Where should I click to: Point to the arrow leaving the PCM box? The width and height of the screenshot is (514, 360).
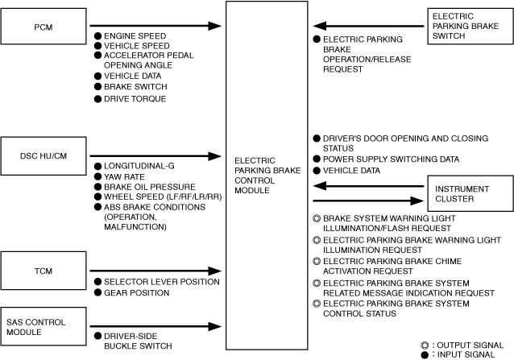point(155,26)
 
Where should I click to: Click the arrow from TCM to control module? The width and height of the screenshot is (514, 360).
point(155,271)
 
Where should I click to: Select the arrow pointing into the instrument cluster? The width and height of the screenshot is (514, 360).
point(368,201)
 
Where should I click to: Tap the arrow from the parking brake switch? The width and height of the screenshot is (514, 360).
point(368,26)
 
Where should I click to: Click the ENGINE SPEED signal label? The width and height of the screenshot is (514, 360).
point(135,35)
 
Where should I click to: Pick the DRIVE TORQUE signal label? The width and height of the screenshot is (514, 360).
point(135,98)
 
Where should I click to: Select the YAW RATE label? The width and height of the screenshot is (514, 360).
point(124,177)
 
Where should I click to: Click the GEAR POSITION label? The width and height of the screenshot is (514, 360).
point(137,292)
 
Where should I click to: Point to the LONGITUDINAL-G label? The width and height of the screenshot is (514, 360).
point(139,166)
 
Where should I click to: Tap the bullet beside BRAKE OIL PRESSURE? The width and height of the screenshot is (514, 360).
point(97,187)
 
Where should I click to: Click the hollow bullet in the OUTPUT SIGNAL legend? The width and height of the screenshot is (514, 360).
point(425,346)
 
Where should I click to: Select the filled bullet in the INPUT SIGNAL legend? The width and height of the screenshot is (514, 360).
point(425,354)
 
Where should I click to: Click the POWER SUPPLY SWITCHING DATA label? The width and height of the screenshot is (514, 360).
point(391,159)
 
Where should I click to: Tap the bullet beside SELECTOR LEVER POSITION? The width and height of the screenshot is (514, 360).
point(97,282)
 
